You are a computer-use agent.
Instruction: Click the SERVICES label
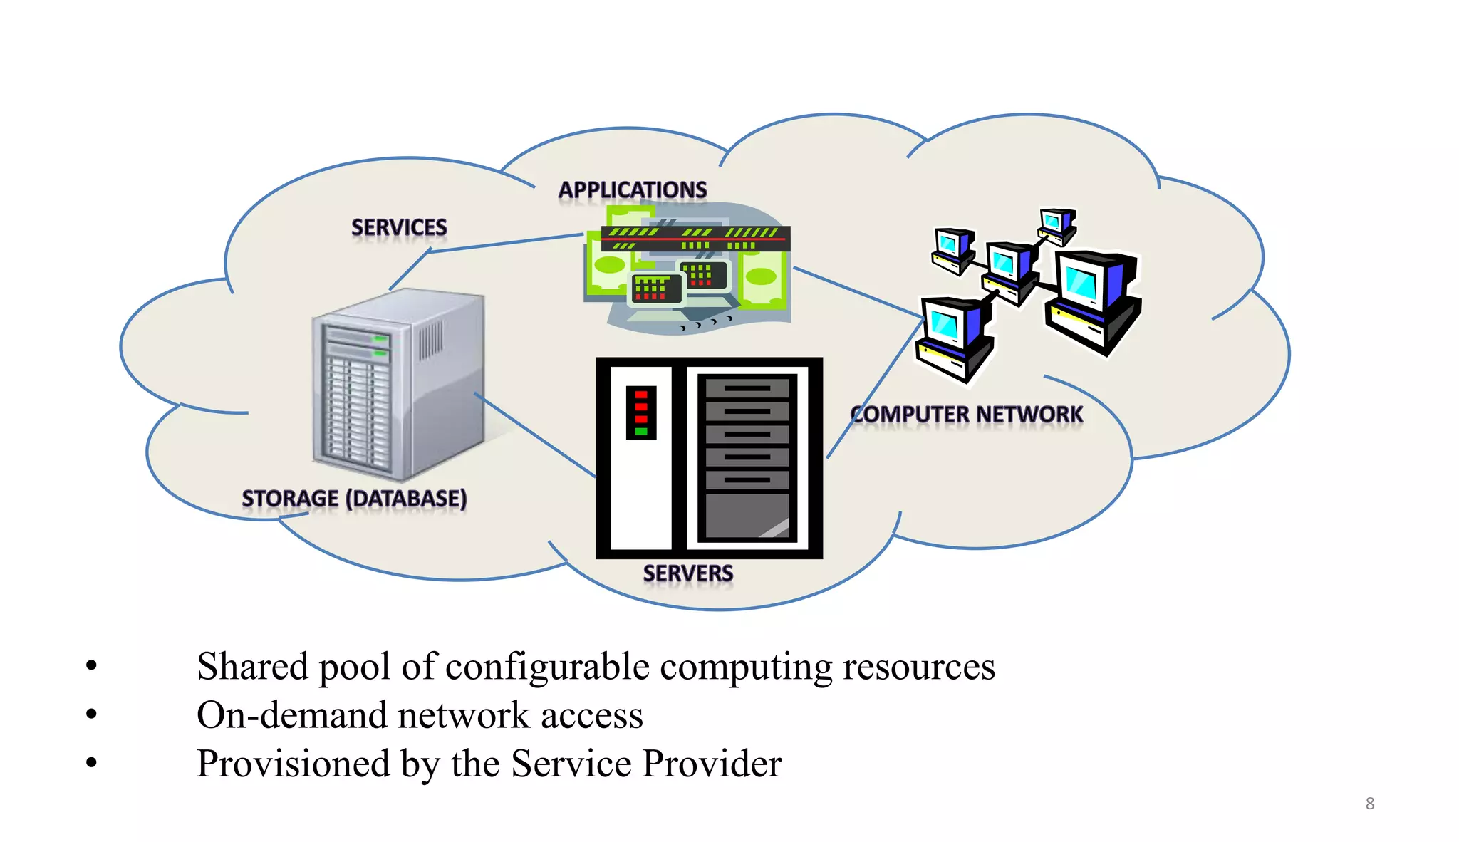tap(399, 228)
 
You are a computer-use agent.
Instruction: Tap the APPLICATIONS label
tap(632, 190)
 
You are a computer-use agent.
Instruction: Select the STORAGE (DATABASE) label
tap(354, 499)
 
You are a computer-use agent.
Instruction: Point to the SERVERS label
tap(687, 573)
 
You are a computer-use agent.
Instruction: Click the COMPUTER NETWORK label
tap(966, 415)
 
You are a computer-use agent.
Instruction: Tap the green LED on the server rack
tap(641, 431)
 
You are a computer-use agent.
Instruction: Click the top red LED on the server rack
tap(641, 394)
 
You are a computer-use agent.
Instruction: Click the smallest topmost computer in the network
tap(1056, 224)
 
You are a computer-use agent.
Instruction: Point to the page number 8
tap(1369, 804)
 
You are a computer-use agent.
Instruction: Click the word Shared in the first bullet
tap(253, 667)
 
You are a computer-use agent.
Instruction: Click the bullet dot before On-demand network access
tap(91, 714)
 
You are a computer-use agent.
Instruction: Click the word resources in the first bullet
tap(919, 667)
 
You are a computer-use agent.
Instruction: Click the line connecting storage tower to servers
tap(534, 435)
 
